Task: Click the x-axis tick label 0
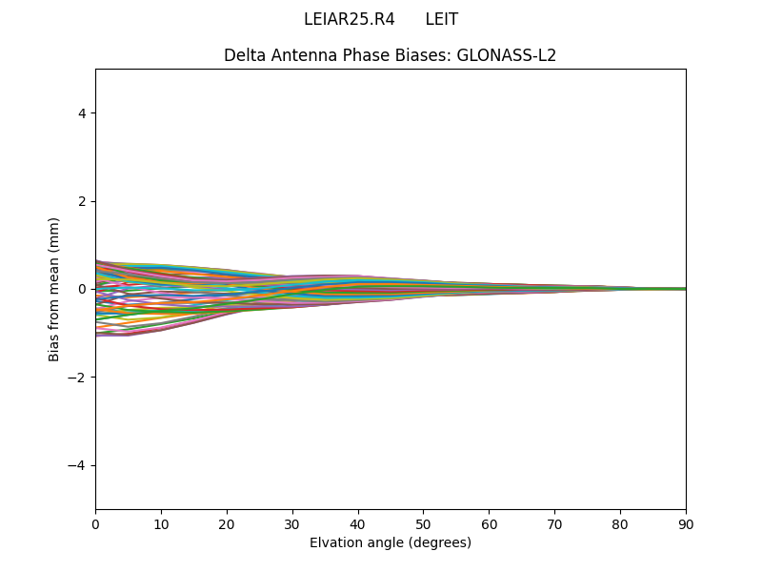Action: tap(95, 523)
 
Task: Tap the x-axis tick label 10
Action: tap(161, 523)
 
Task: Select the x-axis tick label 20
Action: tap(227, 523)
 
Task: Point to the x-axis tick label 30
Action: tap(292, 523)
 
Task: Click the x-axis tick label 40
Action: tap(358, 523)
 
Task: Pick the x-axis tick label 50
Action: tap(423, 523)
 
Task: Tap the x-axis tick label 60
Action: tap(489, 523)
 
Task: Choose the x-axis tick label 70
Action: tap(554, 523)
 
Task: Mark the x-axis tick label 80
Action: tap(620, 523)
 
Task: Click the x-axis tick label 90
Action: tap(686, 523)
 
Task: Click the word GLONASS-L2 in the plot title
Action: tap(507, 55)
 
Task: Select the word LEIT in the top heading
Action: tap(442, 19)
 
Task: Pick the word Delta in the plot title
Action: tap(244, 55)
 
